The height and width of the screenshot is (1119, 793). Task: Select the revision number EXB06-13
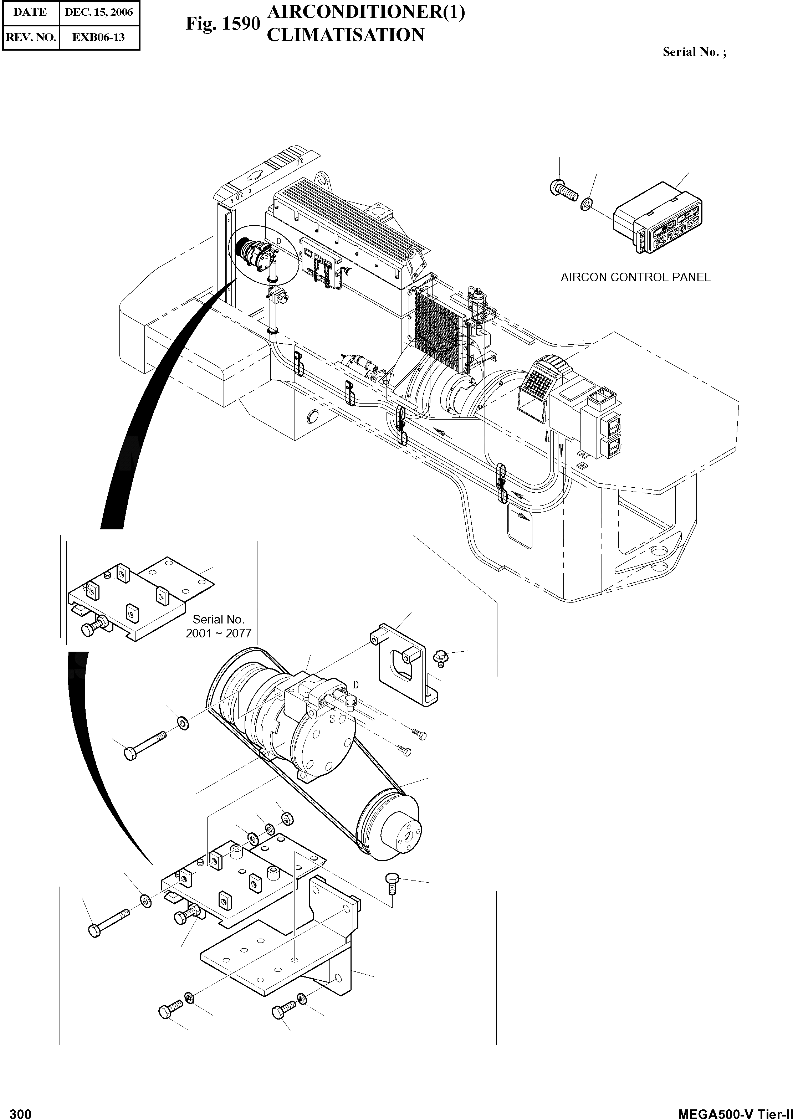point(99,37)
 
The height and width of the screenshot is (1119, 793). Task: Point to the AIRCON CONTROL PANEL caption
point(635,277)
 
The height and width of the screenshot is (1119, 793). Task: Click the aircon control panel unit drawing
point(659,218)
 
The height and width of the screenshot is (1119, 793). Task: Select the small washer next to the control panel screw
point(587,203)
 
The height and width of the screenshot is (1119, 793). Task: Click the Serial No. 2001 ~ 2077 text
point(218,626)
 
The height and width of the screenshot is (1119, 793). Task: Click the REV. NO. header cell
point(30,37)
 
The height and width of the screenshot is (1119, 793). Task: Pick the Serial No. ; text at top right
point(694,52)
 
